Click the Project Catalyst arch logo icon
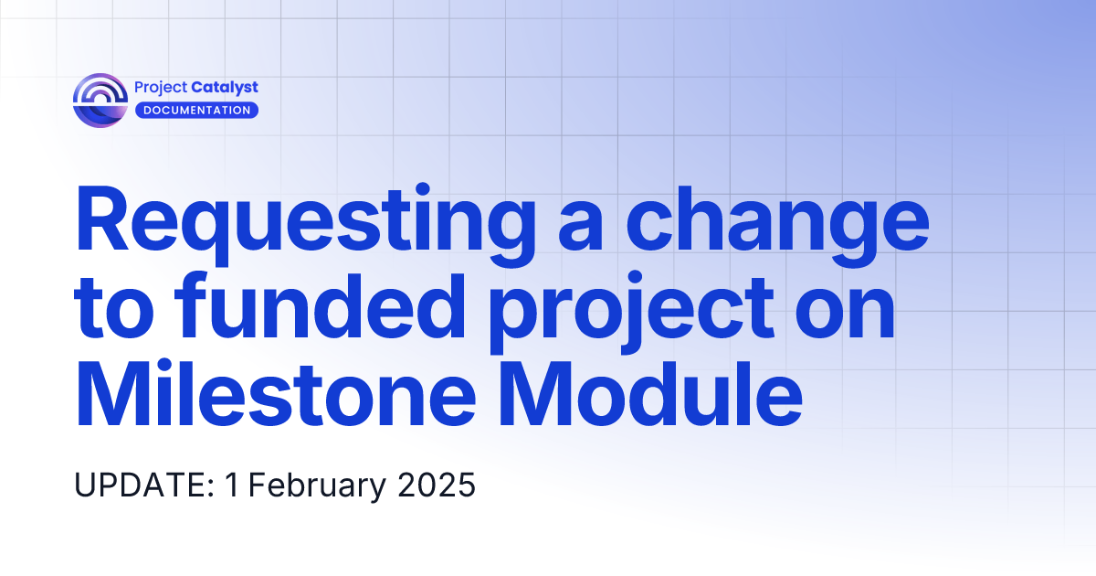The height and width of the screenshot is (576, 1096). pos(100,100)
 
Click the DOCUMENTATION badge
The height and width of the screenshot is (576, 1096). pos(196,111)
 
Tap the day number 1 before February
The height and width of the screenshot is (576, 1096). pos(232,485)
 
